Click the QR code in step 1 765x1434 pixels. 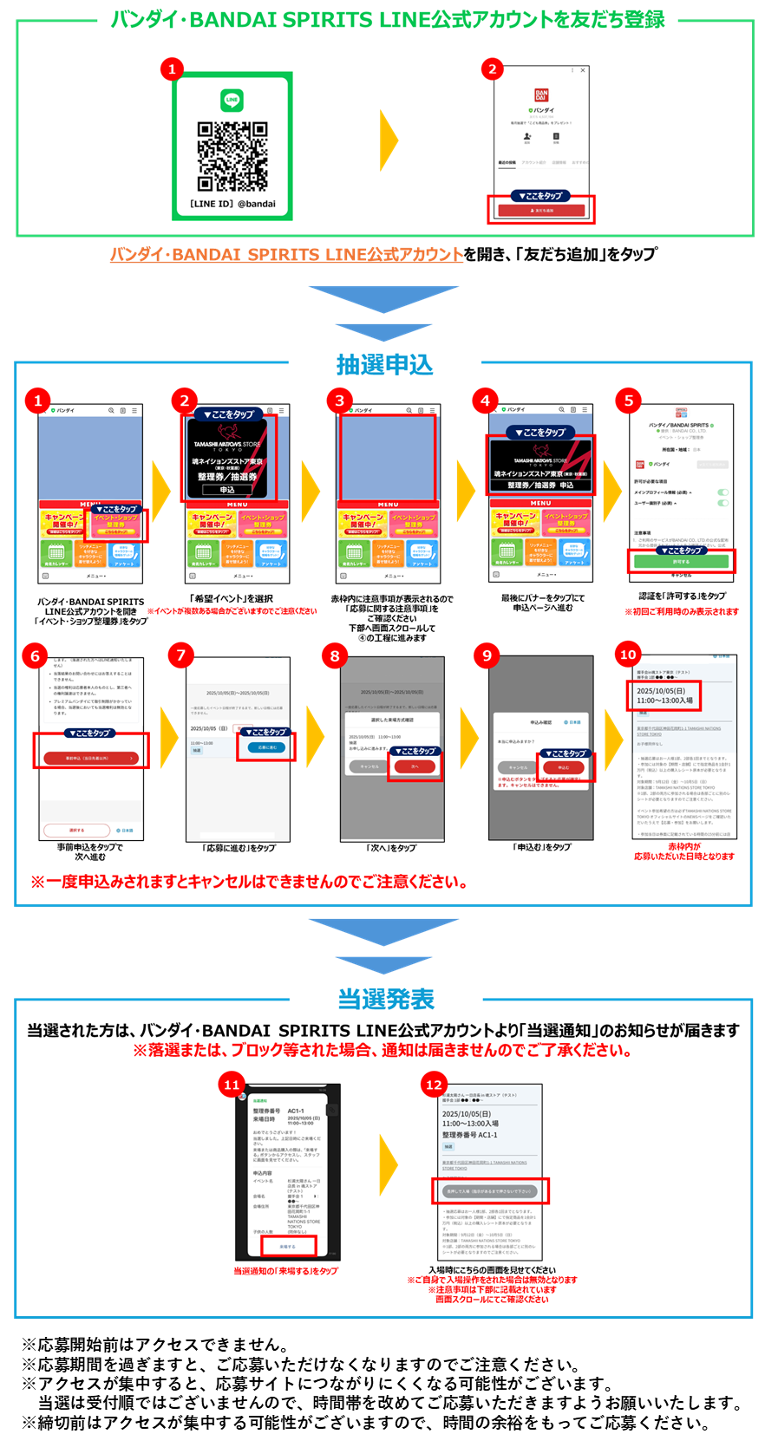pos(232,156)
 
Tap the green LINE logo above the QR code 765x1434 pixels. pos(232,100)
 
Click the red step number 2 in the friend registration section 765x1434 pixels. pos(493,69)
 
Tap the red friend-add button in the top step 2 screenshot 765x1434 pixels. pos(541,210)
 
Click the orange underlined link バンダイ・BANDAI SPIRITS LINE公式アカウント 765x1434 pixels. pos(286,254)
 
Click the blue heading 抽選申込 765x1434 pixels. pos(384,365)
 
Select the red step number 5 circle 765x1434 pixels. pos(629,400)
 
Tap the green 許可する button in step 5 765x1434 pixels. pos(681,562)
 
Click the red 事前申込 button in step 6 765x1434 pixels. pos(90,758)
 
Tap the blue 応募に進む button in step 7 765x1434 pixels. pos(268,747)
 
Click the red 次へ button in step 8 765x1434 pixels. pos(415,766)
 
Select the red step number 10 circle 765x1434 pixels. pos(628,655)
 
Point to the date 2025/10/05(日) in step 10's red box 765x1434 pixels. pos(661,691)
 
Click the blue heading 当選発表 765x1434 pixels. pos(385,999)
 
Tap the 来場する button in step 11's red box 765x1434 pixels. pos(288,1246)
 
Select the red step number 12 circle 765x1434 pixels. pos(434,1085)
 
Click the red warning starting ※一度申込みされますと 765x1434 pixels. pos(249,882)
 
